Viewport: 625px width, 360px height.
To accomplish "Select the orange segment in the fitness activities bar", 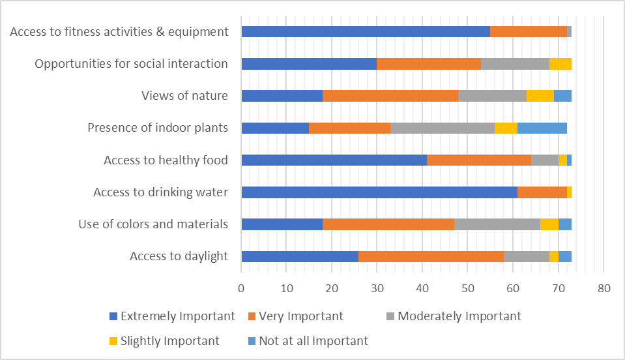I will (x=528, y=31).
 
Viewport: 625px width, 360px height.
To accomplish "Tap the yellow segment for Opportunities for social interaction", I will (x=560, y=63).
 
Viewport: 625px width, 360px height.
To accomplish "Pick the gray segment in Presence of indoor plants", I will (x=442, y=128).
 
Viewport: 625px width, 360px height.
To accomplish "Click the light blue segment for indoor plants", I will (x=542, y=128).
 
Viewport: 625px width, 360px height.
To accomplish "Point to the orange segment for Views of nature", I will (x=390, y=96).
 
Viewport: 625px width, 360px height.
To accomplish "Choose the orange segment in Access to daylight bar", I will (x=431, y=256).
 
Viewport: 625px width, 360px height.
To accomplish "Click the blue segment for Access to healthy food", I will (x=334, y=160).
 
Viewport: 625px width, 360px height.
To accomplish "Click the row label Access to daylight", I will (x=179, y=256).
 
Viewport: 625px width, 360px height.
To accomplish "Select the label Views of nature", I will (x=184, y=96).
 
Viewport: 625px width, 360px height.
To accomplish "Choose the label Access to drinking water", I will (x=160, y=192).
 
